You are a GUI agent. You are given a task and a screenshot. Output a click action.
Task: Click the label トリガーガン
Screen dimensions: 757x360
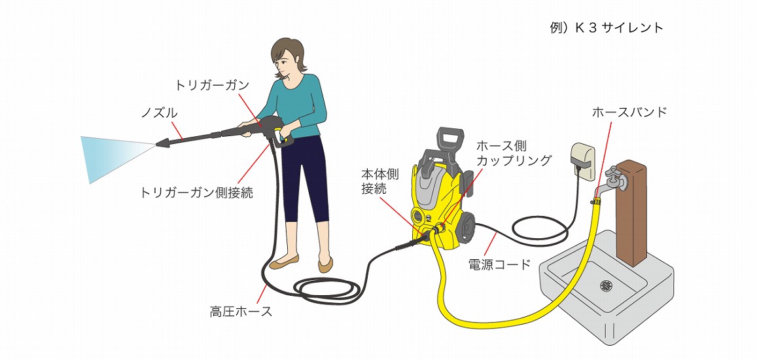[212, 86]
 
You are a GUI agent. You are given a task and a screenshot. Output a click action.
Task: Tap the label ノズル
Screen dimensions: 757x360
[158, 113]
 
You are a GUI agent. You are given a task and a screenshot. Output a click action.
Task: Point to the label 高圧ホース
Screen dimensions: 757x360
[241, 312]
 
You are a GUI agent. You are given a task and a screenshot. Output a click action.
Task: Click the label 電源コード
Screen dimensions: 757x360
[500, 264]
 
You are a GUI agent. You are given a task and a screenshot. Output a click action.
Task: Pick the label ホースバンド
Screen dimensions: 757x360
[629, 112]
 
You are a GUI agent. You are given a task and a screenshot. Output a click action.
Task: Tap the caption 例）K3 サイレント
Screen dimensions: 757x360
[607, 27]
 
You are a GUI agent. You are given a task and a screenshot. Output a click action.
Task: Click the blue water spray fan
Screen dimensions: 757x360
[116, 158]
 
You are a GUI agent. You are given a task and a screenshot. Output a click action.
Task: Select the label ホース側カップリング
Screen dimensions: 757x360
[514, 153]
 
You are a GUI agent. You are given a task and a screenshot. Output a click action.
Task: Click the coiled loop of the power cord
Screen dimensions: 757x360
[538, 226]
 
